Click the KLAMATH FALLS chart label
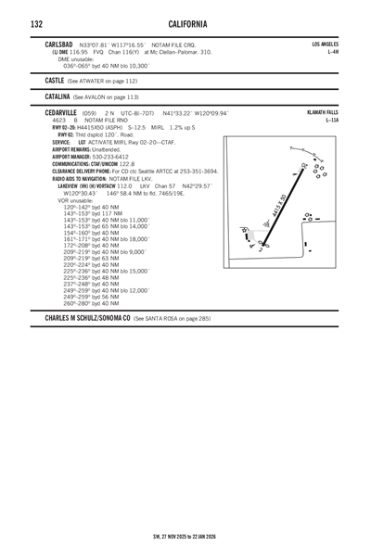(x=320, y=110)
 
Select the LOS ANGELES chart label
(x=324, y=44)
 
